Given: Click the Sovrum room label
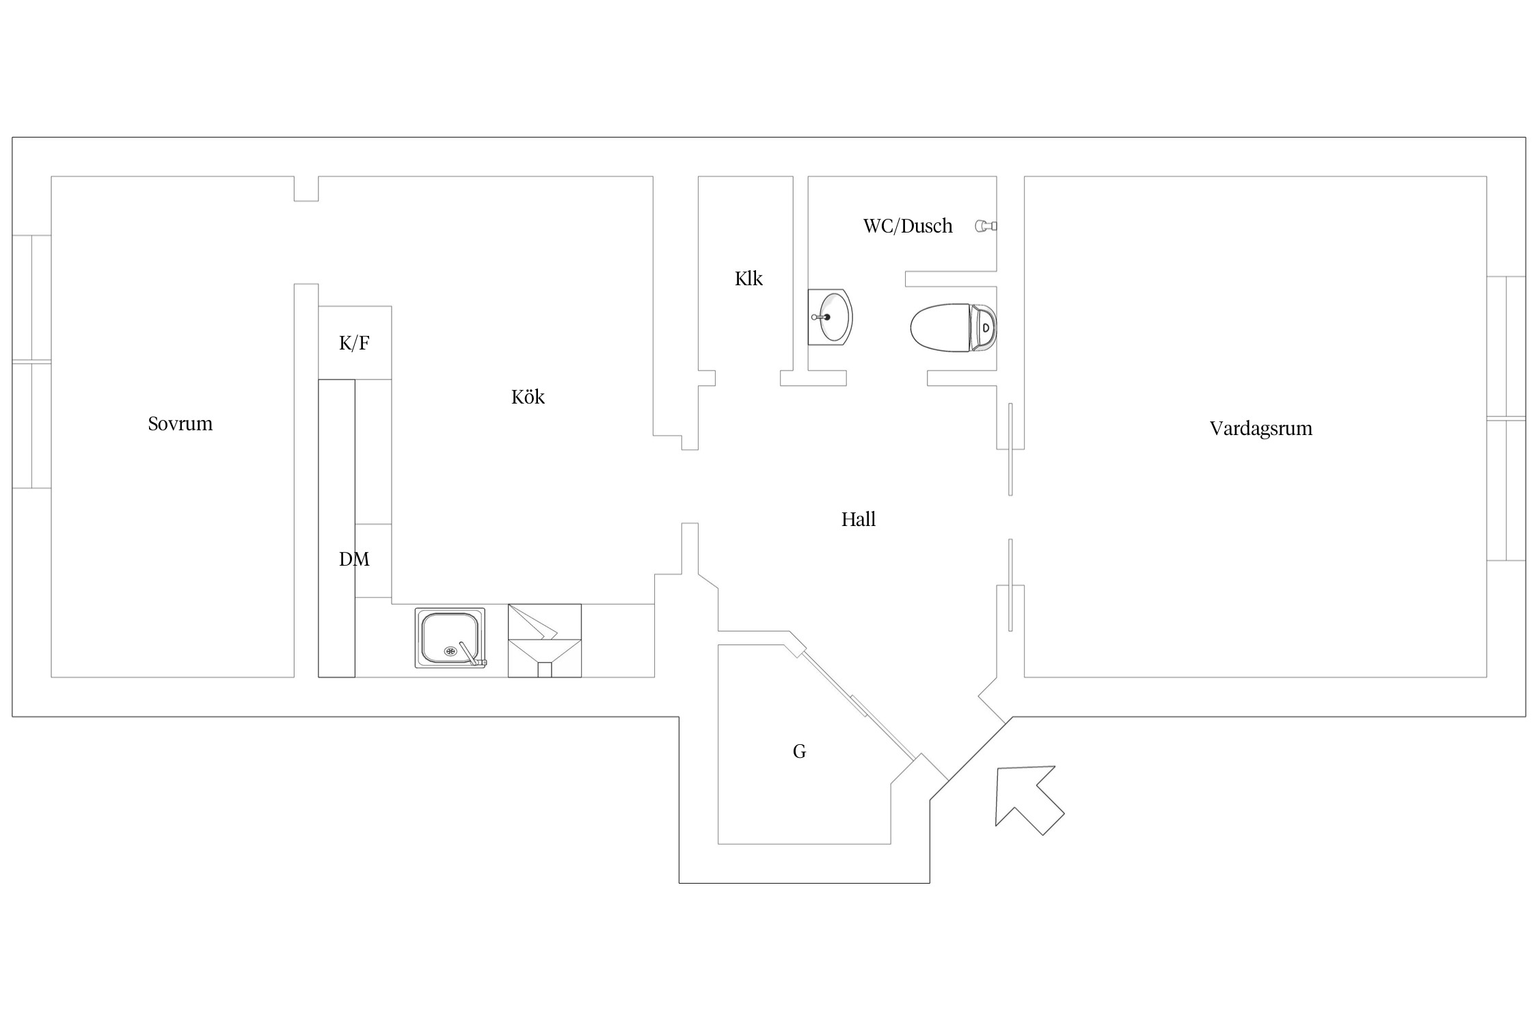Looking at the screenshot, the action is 180,424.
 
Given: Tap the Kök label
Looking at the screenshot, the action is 528,397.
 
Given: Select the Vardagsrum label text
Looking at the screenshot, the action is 1261,429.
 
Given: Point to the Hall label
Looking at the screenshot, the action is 859,519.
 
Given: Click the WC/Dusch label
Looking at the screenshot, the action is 908,226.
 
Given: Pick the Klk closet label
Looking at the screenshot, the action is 748,278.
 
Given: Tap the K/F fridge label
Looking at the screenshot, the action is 354,343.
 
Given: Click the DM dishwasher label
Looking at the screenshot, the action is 354,560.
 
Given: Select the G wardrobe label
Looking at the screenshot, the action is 799,752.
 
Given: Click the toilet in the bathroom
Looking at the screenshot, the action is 954,328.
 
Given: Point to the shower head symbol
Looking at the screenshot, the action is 986,226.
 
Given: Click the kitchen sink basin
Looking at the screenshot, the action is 449,637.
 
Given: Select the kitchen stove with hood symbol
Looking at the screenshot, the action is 545,640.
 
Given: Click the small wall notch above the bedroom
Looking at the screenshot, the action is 306,189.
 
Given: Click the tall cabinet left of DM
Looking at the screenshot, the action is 336,528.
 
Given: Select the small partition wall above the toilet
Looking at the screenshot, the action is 951,279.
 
